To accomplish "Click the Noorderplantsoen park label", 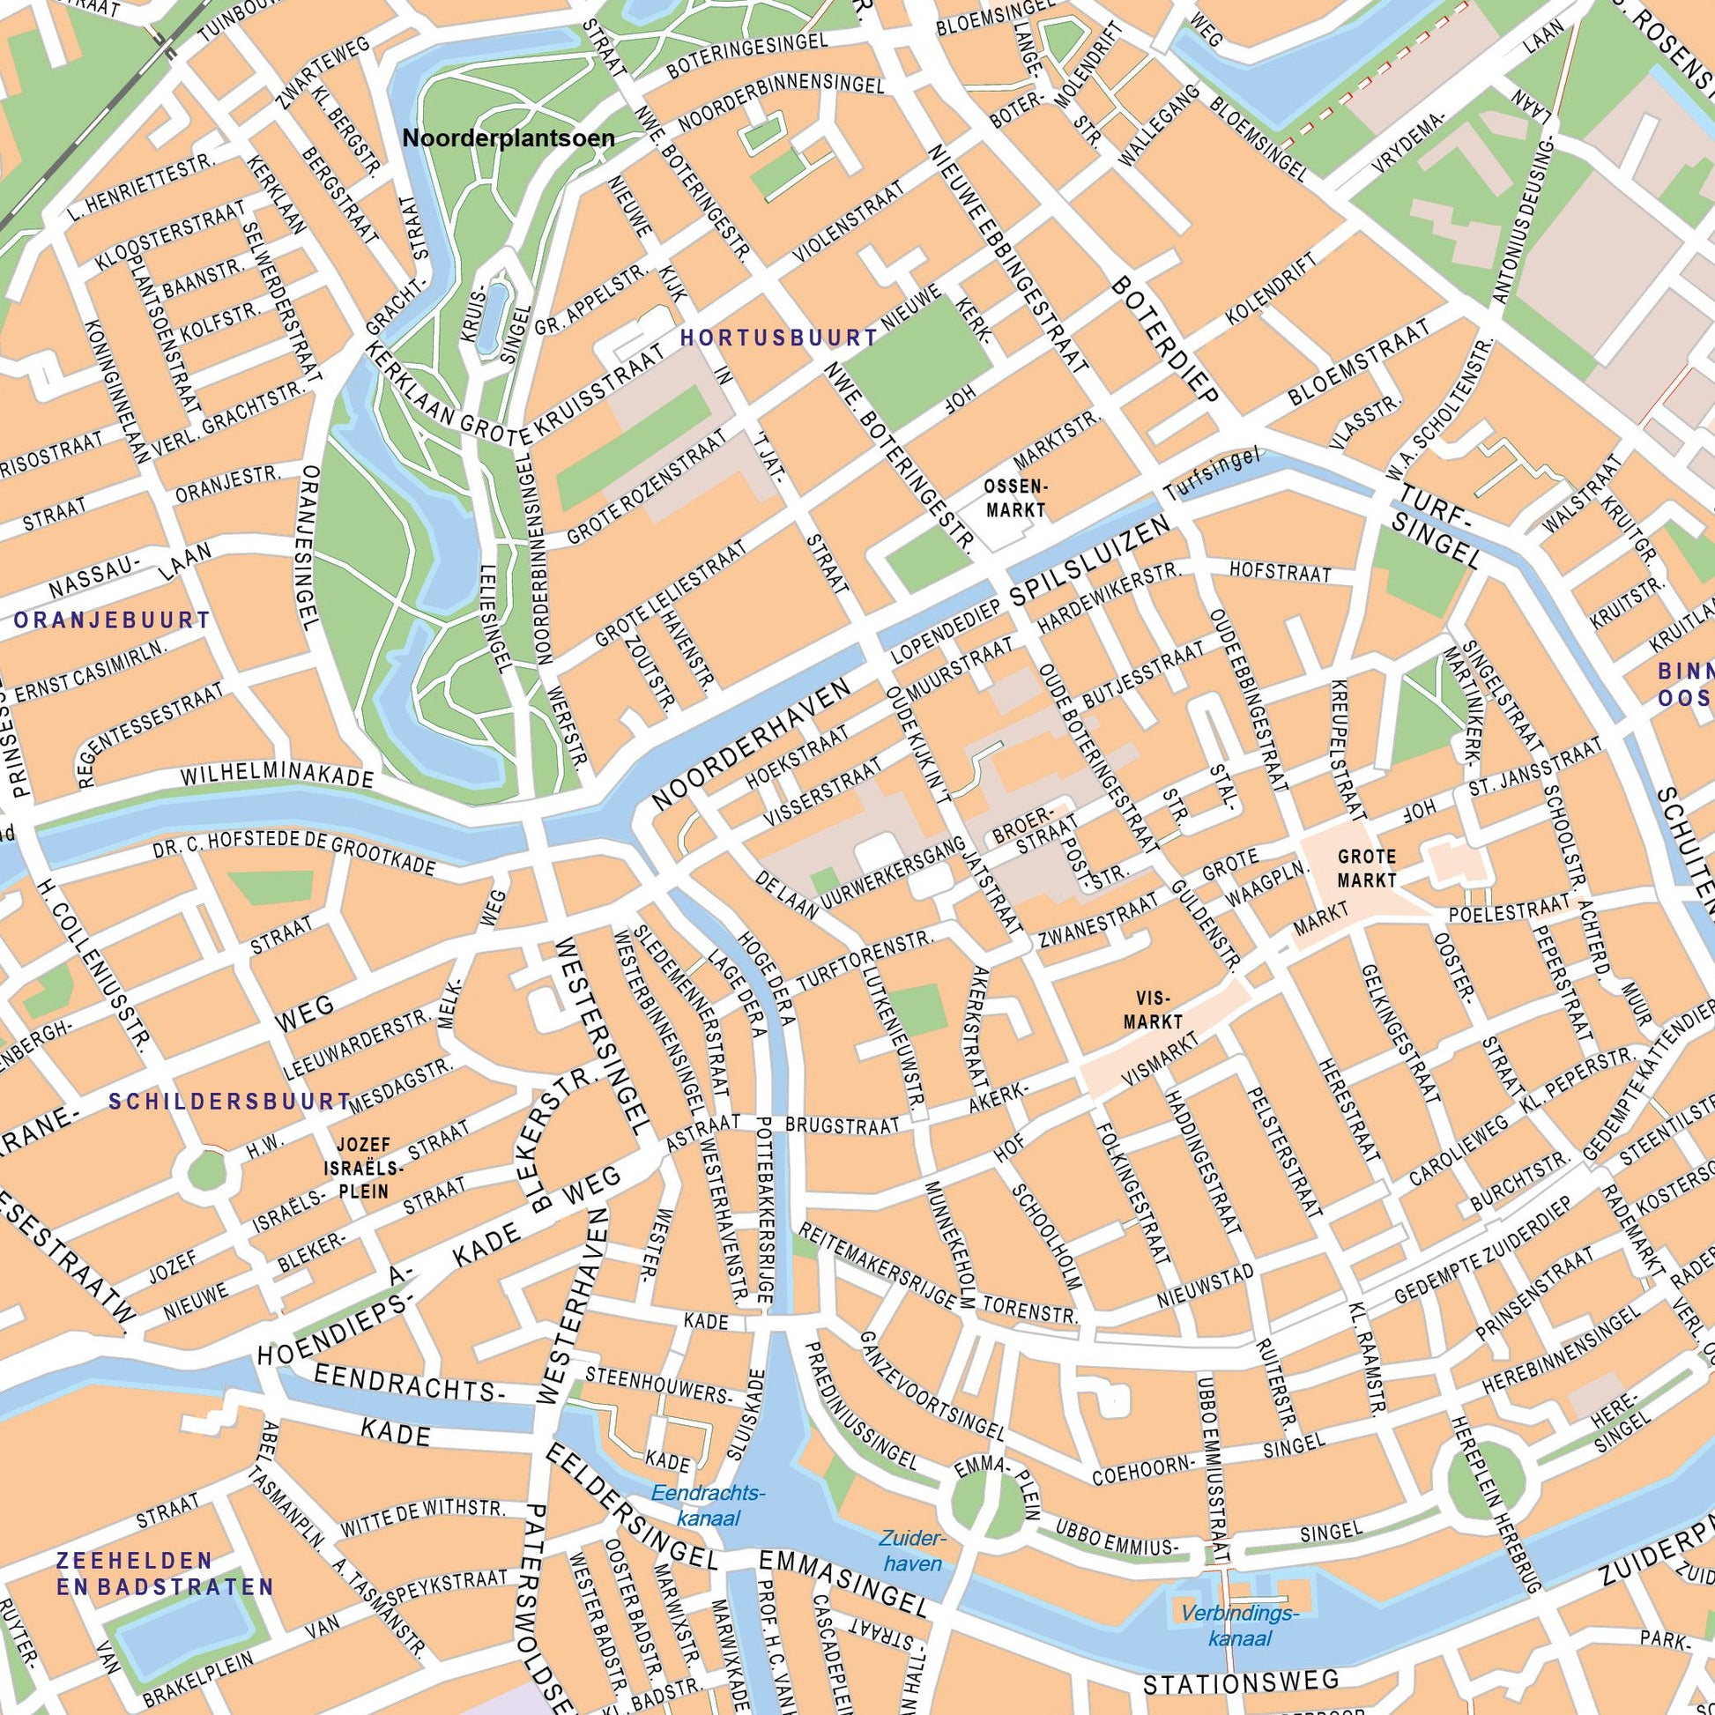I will (x=509, y=138).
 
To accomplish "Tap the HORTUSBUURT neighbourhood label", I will (x=778, y=338).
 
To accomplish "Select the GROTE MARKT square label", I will (x=1366, y=869).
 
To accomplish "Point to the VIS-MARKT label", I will (x=1153, y=1008).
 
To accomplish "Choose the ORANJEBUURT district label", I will (x=112, y=620).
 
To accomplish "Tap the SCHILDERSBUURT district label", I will (x=230, y=1102).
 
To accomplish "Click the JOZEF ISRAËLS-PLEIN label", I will (x=362, y=1169).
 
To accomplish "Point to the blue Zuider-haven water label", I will (x=914, y=1550).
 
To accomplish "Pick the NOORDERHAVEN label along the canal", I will (x=752, y=742).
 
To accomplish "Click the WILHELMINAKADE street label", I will (x=276, y=776).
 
